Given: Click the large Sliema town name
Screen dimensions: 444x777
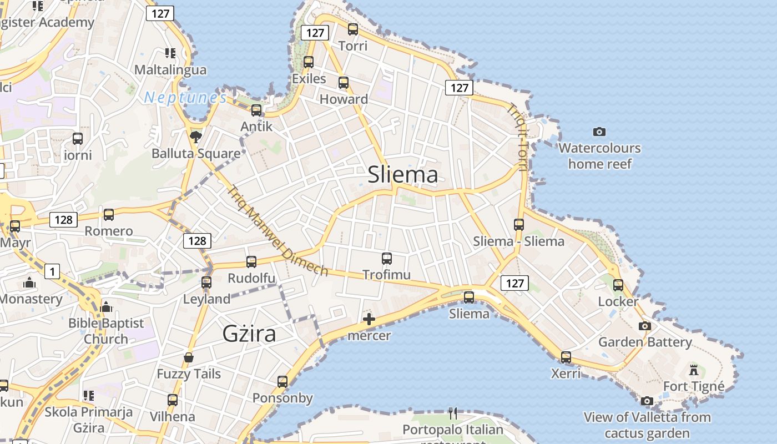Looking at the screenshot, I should (403, 175).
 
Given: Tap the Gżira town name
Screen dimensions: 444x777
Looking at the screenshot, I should (249, 334).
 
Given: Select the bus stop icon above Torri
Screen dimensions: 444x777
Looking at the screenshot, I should (353, 29).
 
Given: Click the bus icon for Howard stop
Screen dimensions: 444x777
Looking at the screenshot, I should (344, 83).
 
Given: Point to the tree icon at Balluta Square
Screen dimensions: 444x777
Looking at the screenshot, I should (195, 136).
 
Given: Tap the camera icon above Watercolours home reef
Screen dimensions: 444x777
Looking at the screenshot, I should (599, 132).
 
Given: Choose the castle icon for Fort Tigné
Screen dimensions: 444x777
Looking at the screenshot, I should (693, 370).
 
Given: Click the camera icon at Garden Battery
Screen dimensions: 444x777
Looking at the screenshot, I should (645, 326).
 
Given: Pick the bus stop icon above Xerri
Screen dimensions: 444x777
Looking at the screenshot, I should (566, 357).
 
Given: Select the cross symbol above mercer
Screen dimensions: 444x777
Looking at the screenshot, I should (369, 319).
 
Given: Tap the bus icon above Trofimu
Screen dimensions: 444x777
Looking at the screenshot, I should (387, 258).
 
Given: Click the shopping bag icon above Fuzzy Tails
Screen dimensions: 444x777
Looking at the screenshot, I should (189, 357).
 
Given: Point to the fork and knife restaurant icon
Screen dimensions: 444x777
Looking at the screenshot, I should (453, 413).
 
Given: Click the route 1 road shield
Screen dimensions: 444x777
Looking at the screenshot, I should (52, 271).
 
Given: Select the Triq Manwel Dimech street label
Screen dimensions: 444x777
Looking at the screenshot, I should (277, 230).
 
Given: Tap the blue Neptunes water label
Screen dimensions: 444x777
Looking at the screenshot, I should (185, 98).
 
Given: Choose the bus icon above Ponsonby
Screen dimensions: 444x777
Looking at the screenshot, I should (282, 381).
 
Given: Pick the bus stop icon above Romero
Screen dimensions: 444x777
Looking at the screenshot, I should (109, 215).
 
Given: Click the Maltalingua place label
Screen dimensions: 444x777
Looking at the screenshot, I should (171, 70).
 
